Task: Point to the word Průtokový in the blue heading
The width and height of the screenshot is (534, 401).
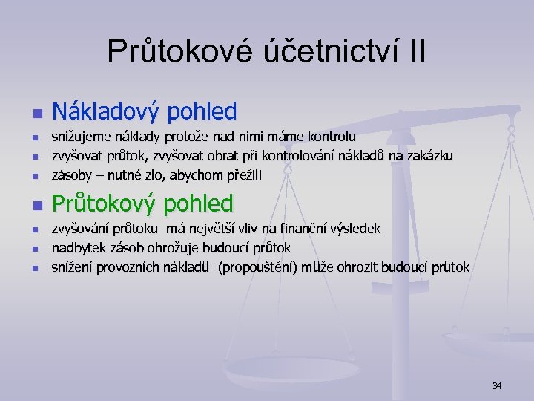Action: [x=107, y=203]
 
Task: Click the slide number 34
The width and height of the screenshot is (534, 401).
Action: [x=497, y=385]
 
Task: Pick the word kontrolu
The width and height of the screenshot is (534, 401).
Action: [x=330, y=137]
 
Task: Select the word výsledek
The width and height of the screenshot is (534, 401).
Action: [x=355, y=229]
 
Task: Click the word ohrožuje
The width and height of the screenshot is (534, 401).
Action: [x=172, y=247]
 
